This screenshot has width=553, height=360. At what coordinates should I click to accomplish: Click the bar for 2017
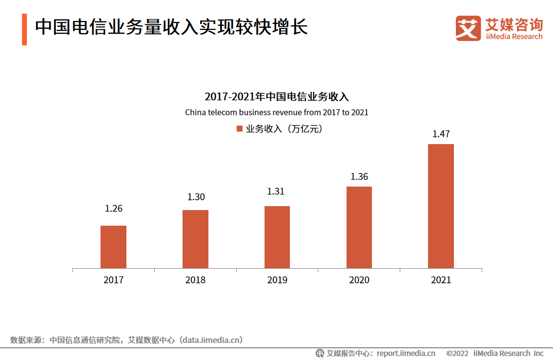(x=113, y=247)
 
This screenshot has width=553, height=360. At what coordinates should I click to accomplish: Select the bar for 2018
(x=195, y=239)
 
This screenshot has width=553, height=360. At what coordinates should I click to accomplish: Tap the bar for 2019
(x=277, y=237)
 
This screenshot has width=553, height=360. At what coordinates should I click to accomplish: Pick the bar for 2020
(x=359, y=227)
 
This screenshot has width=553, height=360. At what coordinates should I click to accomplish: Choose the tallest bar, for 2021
(x=441, y=206)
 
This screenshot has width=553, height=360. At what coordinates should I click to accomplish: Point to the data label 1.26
(x=113, y=209)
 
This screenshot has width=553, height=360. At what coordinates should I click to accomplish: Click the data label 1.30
(x=196, y=197)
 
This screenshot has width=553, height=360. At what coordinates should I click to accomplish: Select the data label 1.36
(x=359, y=177)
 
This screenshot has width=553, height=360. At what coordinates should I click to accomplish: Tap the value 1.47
(x=441, y=134)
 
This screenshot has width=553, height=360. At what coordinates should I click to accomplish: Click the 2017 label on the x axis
(x=113, y=280)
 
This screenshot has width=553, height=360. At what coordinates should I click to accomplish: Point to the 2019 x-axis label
(x=277, y=280)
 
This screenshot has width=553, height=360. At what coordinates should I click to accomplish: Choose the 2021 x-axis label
(x=441, y=280)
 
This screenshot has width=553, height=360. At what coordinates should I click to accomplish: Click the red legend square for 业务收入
(x=239, y=129)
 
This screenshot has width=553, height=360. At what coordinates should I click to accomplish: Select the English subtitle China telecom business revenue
(x=276, y=112)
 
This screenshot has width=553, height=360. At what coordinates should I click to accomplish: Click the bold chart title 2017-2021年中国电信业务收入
(x=276, y=96)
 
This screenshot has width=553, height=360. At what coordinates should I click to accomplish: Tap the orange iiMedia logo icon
(x=468, y=28)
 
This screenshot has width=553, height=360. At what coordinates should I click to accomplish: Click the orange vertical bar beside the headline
(x=24, y=29)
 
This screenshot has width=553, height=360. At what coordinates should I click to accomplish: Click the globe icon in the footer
(x=320, y=353)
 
